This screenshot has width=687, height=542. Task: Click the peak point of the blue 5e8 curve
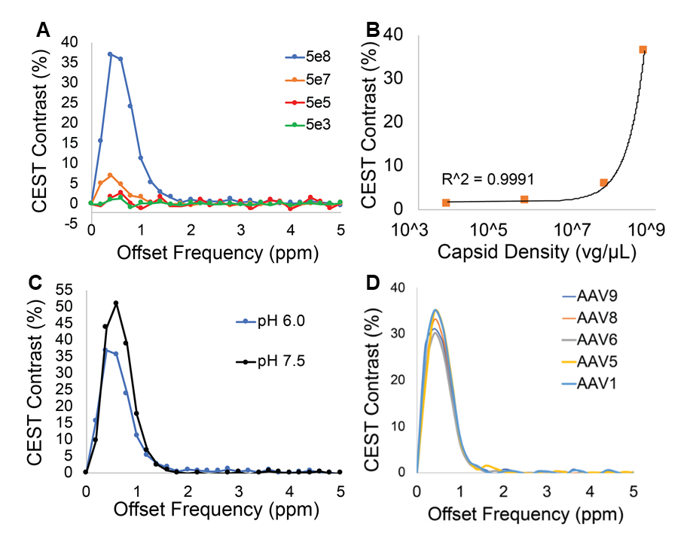coord(110,54)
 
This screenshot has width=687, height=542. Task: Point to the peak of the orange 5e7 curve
coord(110,175)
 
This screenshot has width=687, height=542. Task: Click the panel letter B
coord(371,31)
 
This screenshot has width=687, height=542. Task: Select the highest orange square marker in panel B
coord(643,50)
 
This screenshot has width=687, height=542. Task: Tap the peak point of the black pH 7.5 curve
coord(116,303)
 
